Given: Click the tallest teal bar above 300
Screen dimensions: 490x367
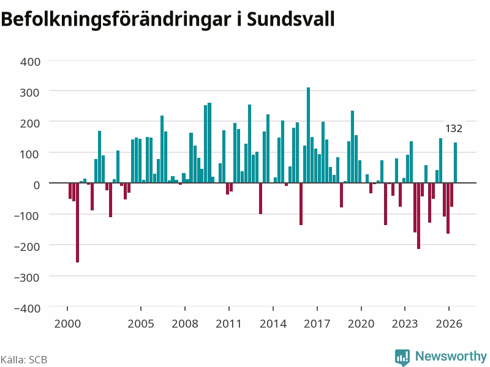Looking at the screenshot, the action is click(308, 135).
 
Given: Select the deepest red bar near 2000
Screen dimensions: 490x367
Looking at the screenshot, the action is click(78, 223).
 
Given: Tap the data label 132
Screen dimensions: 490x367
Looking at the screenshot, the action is click(453, 128).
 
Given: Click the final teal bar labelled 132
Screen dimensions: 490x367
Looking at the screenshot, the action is click(455, 163).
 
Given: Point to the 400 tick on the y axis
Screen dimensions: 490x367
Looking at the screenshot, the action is click(30, 62).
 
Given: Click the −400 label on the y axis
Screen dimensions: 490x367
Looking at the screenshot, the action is click(27, 308).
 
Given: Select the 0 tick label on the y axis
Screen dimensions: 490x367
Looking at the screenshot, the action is click(37, 185).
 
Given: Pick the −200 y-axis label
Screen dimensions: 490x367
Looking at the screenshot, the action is click(27, 247).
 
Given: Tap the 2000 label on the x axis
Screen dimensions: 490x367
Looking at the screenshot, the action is click(67, 324).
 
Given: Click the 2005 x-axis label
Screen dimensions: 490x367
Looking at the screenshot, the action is click(141, 324).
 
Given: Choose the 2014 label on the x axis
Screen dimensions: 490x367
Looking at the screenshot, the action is click(273, 324).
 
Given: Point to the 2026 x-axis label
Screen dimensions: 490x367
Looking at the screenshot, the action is click(449, 324).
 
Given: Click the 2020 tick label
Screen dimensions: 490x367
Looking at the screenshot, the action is click(361, 324).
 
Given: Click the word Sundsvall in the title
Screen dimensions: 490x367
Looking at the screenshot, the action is click(290, 20).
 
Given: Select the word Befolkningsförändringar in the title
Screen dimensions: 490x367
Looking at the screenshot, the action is click(116, 20).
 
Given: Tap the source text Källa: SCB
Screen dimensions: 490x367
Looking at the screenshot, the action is click(24, 360).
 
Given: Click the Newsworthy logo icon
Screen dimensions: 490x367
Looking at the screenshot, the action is click(402, 357).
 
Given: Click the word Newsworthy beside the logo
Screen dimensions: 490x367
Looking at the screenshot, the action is click(451, 356).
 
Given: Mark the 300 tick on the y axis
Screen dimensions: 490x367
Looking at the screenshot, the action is click(29, 93).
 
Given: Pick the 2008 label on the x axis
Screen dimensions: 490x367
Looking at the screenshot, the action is click(185, 324).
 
